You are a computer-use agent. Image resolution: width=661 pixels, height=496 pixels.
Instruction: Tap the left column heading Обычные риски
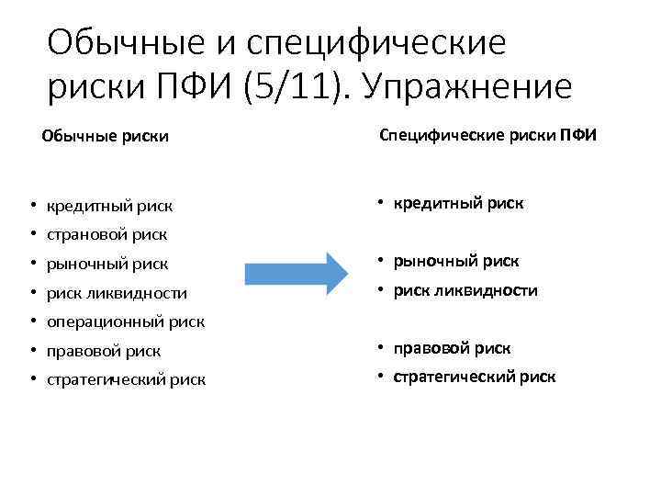click(x=105, y=137)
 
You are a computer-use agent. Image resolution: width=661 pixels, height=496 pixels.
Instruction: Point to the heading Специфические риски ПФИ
click(x=487, y=136)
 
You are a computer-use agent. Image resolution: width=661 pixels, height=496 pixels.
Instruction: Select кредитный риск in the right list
click(x=458, y=203)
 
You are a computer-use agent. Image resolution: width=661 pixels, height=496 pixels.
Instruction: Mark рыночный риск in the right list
click(x=456, y=261)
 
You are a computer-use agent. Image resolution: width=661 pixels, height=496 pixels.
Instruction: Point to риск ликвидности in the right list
click(x=465, y=290)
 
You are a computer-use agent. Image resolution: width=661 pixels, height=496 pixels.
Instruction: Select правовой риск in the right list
click(x=453, y=348)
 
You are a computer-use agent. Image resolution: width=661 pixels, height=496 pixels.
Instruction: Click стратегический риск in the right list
click(x=475, y=377)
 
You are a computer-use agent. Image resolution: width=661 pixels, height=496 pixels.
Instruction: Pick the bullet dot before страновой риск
click(x=31, y=235)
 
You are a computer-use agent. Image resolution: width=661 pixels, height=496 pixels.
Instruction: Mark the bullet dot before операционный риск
click(x=31, y=322)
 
